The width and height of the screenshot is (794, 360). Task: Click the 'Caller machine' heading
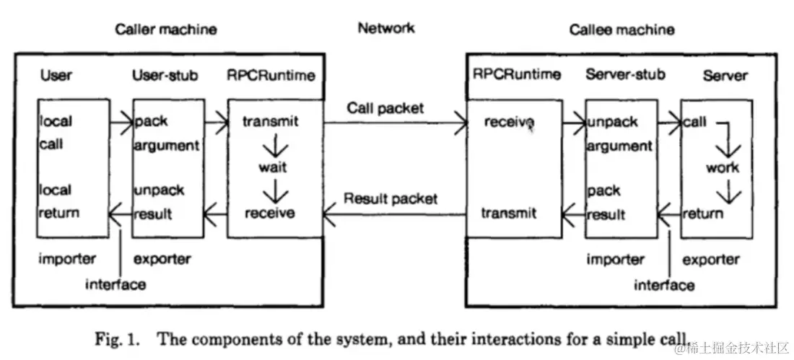[x=166, y=30]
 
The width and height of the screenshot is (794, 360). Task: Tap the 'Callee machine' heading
[x=621, y=30]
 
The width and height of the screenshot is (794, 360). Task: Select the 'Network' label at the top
[x=386, y=27]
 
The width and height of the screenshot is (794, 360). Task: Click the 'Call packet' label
[x=385, y=108]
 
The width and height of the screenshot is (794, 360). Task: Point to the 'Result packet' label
[x=391, y=198]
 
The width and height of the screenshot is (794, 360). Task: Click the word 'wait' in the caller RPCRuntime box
[x=274, y=167]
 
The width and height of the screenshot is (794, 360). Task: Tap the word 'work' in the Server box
[x=722, y=167]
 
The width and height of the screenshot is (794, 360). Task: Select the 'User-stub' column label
[x=165, y=76]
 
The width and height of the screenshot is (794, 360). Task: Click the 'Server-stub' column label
[x=625, y=74]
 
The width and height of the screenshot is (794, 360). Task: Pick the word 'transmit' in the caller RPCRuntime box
[x=271, y=121]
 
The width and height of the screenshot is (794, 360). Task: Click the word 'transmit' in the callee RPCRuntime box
[x=508, y=213]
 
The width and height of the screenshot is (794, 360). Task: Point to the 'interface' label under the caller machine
[x=115, y=284]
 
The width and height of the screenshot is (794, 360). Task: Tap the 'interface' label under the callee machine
[x=664, y=285]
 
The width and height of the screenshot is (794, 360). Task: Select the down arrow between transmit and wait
[x=276, y=145]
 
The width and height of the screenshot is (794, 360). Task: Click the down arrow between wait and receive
[x=276, y=192]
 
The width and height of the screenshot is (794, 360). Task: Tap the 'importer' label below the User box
[x=67, y=259]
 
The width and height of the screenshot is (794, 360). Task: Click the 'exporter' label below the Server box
[x=711, y=260]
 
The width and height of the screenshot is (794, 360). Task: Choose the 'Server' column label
[x=725, y=76]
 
